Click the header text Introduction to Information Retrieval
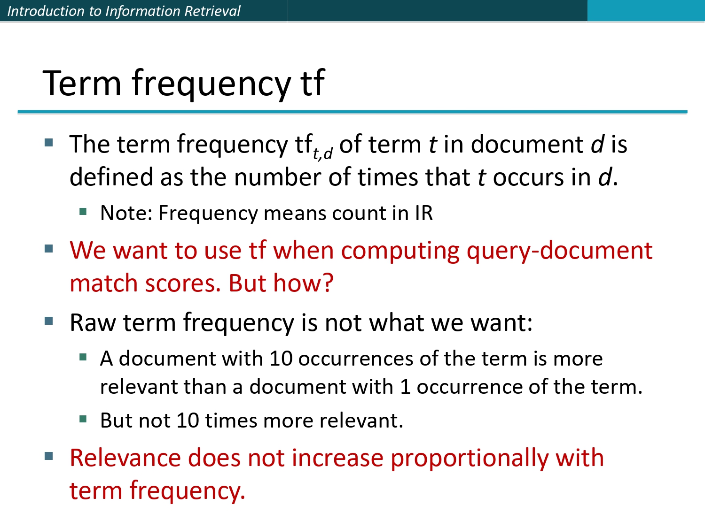pyautogui.click(x=124, y=11)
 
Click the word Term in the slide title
pyautogui.click(x=82, y=83)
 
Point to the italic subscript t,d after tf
pyautogui.click(x=322, y=153)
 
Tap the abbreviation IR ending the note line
pyautogui.click(x=423, y=213)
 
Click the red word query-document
pyautogui.click(x=559, y=251)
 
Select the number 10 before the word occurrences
pyautogui.click(x=281, y=359)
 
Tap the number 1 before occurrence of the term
pyautogui.click(x=405, y=387)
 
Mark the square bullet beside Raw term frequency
pyautogui.click(x=49, y=321)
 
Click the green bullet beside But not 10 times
pyautogui.click(x=83, y=419)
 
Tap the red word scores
pyautogui.click(x=183, y=283)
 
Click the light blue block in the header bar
pyautogui.click(x=646, y=11)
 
